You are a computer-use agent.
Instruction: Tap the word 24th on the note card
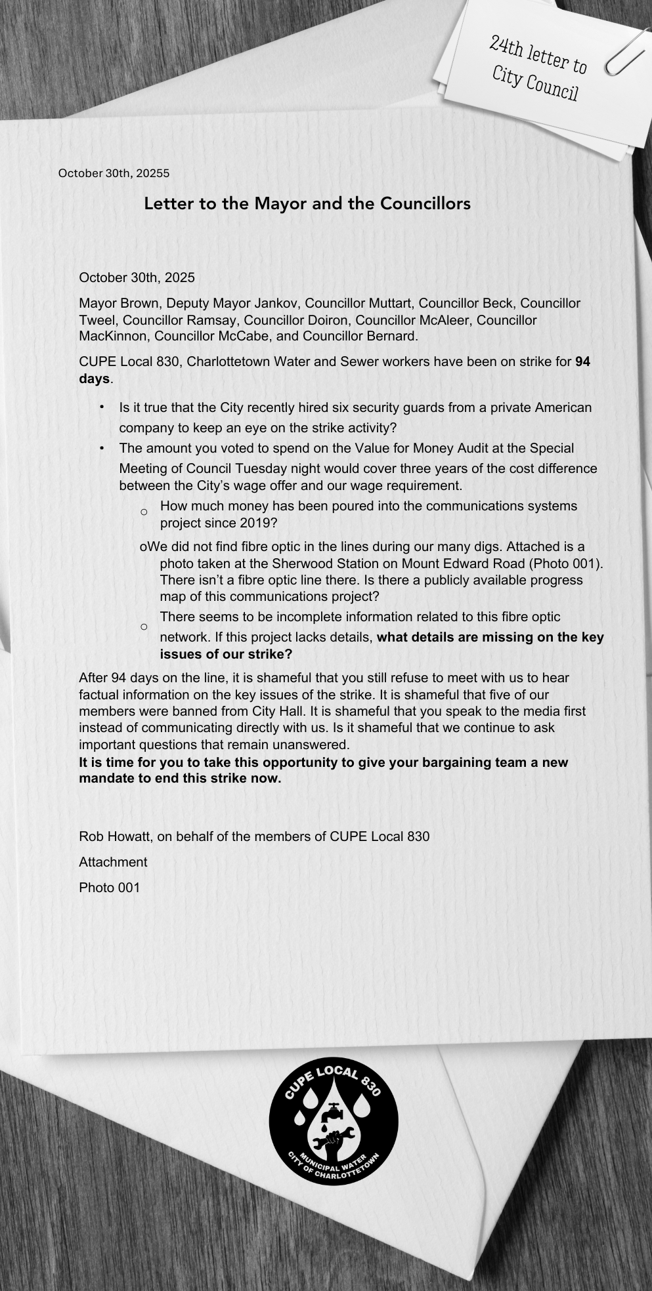(506, 47)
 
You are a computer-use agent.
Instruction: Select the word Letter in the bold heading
(168, 203)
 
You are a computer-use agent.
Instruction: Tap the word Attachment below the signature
(113, 862)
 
